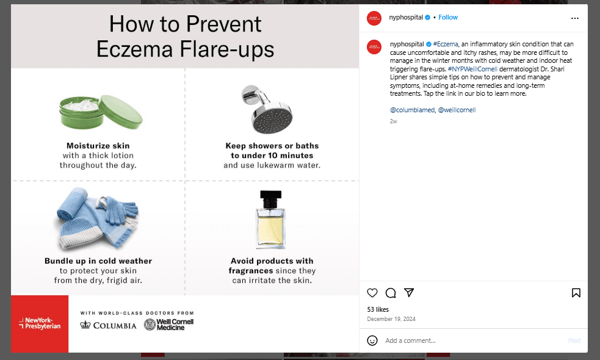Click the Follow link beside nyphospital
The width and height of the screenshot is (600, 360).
tap(447, 18)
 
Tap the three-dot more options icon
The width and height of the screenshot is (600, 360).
tap(574, 18)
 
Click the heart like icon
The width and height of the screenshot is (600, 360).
tap(372, 293)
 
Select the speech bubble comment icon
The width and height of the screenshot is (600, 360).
tap(391, 293)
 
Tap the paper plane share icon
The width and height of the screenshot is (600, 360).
tap(410, 293)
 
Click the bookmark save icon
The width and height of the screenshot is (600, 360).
tap(576, 293)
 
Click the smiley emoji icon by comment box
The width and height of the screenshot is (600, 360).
tap(372, 340)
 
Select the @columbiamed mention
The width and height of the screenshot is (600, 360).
tap(411, 110)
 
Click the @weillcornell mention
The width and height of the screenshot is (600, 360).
tap(457, 110)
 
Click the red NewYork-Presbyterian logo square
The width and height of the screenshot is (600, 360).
tap(40, 323)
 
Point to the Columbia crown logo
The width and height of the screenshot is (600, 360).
tap(86, 325)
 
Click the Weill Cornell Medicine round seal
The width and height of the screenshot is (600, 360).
tap(150, 325)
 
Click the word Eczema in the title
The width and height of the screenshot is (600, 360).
tap(135, 49)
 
